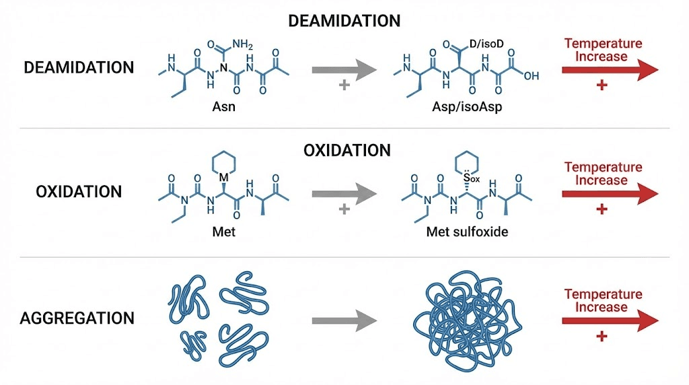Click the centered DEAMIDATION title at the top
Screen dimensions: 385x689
(344, 21)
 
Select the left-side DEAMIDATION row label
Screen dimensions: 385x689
(79, 68)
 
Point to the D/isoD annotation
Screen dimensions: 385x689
(487, 45)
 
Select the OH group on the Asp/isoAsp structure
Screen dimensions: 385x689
(531, 76)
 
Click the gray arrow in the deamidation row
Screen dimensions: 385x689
(342, 69)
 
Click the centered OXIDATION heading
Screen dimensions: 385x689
(347, 149)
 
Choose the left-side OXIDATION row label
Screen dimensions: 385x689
(79, 192)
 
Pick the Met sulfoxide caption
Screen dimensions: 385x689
(464, 233)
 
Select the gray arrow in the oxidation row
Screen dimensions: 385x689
(342, 193)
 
